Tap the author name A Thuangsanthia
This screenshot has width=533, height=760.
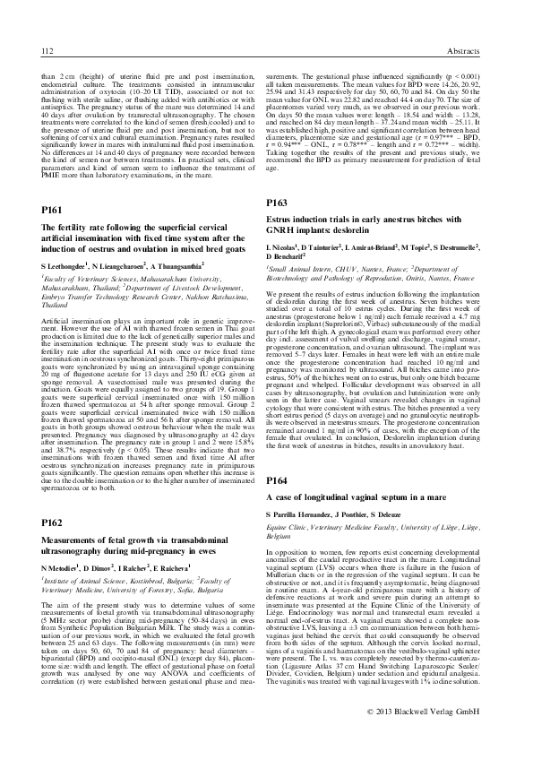pyautogui.click(x=173, y=267)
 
